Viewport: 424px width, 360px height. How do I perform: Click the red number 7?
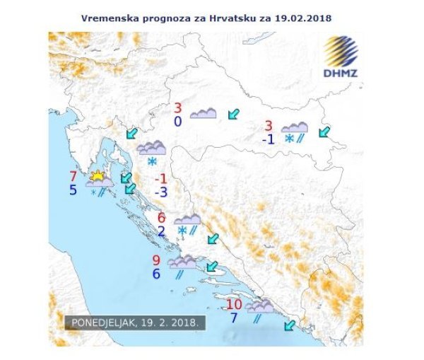click(x=73, y=177)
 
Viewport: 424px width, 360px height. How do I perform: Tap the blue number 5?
click(x=73, y=190)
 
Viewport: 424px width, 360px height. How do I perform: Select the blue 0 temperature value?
click(x=177, y=122)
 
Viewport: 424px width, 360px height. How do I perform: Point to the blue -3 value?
click(x=161, y=192)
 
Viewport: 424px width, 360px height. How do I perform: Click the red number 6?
click(x=161, y=218)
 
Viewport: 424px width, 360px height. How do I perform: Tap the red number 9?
click(x=156, y=260)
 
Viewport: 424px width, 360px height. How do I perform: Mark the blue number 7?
click(x=234, y=318)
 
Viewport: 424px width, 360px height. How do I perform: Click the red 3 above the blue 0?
click(x=178, y=108)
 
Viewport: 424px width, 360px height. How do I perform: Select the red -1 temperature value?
click(x=161, y=178)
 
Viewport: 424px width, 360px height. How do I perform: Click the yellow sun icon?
click(x=98, y=175)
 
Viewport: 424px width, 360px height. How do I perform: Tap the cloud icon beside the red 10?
click(x=259, y=306)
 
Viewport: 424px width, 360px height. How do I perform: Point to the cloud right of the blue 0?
click(x=203, y=113)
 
